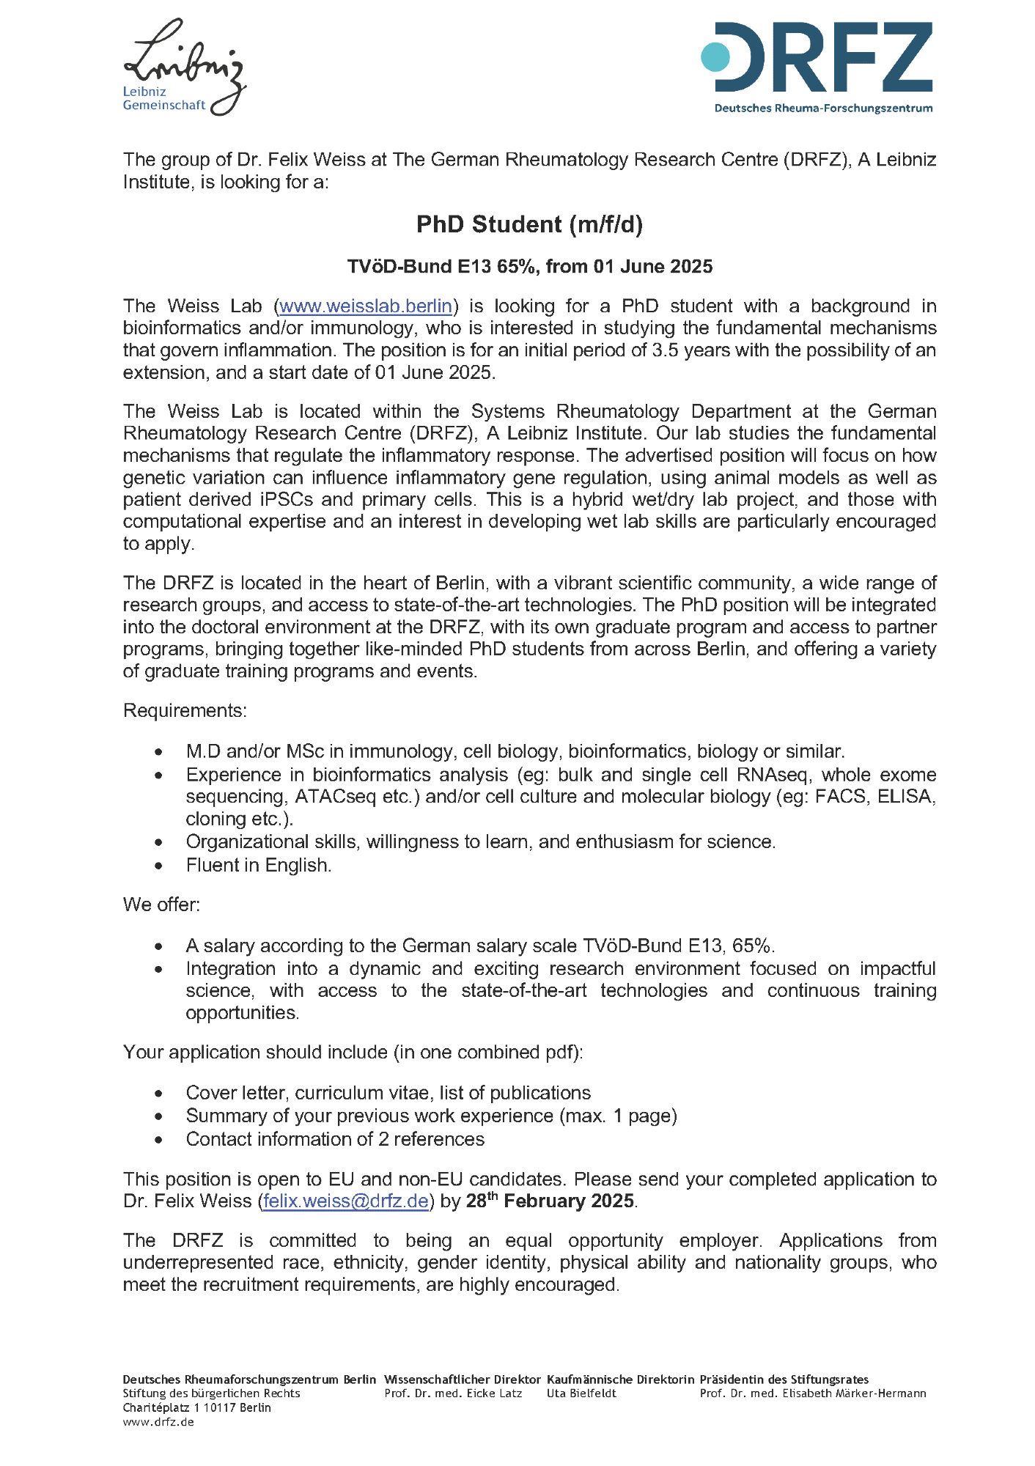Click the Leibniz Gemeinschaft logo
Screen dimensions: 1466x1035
pos(183,67)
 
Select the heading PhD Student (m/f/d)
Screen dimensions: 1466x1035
pos(529,224)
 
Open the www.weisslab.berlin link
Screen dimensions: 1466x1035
pos(366,306)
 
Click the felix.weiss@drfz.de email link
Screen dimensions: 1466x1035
pos(345,1201)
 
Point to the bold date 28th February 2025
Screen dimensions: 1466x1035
pos(550,1201)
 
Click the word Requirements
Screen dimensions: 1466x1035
pos(185,710)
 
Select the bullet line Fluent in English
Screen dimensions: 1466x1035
pos(259,865)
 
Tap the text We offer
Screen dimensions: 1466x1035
pos(161,904)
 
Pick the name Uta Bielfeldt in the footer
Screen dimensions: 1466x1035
pos(581,1393)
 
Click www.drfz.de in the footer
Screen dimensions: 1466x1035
pos(158,1422)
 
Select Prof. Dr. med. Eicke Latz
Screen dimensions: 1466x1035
pos(453,1393)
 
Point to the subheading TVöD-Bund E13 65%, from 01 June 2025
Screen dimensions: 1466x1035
pos(529,266)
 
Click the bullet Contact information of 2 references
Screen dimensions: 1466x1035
pos(335,1139)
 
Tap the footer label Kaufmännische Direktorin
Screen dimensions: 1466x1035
pos(620,1380)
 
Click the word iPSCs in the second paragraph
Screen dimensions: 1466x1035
pos(287,499)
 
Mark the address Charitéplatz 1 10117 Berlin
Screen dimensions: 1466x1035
pos(196,1407)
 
